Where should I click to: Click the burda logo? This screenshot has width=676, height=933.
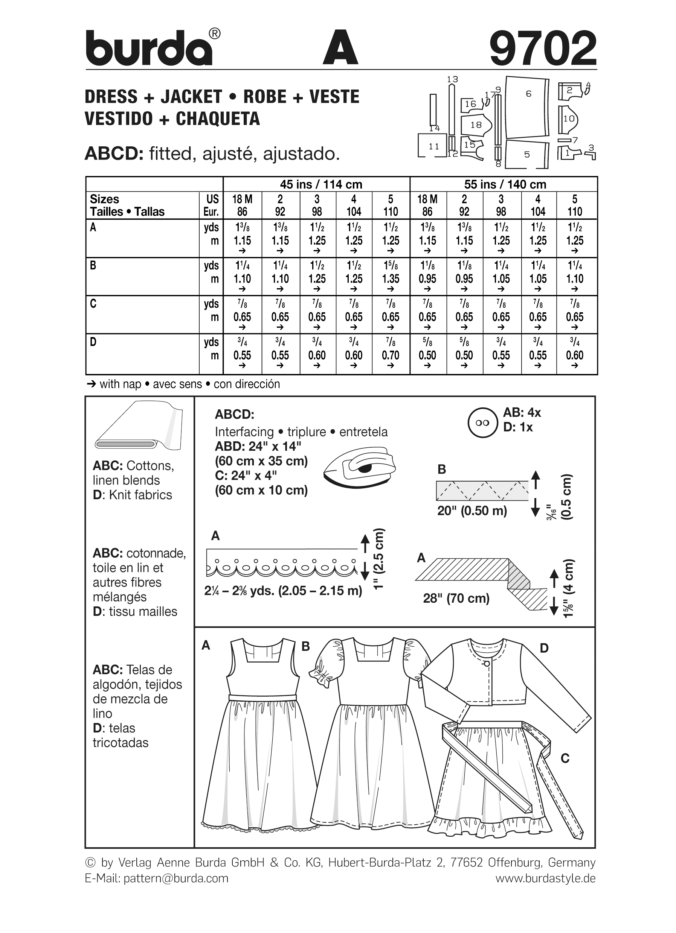(149, 49)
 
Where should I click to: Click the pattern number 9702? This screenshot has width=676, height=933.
(543, 49)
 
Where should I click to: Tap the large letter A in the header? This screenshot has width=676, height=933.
(340, 49)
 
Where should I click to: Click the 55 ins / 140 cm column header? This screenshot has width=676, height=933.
(505, 184)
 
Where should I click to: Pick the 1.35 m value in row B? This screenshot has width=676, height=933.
(390, 279)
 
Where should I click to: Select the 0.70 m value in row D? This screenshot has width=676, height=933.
(390, 355)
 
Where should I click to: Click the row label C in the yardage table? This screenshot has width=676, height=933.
(93, 304)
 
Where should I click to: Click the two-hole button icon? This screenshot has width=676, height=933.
(482, 423)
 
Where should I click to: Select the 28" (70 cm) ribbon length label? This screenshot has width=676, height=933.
(456, 598)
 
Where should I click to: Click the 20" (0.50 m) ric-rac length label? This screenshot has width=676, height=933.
(472, 511)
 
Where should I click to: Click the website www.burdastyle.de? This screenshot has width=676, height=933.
(545, 878)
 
